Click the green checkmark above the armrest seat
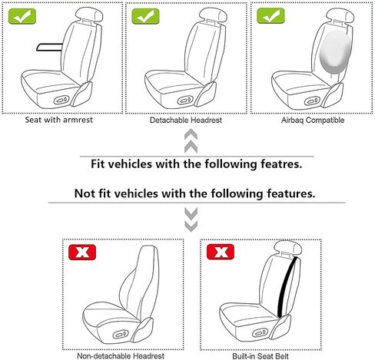pyautogui.click(x=22, y=16)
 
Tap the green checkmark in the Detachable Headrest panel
pyautogui.click(x=145, y=16)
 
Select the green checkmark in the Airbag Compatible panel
pyautogui.click(x=270, y=15)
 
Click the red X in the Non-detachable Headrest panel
pyautogui.click(x=82, y=253)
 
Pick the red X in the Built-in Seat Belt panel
pyautogui.click(x=221, y=252)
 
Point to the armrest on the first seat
pyautogui.click(x=49, y=47)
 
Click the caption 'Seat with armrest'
pyautogui.click(x=59, y=120)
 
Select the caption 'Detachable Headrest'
pyautogui.click(x=186, y=120)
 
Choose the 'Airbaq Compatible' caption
pyautogui.click(x=313, y=120)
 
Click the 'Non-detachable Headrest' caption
pyautogui.click(x=121, y=356)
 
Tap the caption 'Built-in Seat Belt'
pyautogui.click(x=261, y=356)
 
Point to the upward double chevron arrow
pyautogui.click(x=191, y=141)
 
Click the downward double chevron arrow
pyautogui.click(x=191, y=220)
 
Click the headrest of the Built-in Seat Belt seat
pyautogui.click(x=287, y=247)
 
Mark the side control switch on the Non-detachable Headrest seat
pyautogui.click(x=121, y=334)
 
